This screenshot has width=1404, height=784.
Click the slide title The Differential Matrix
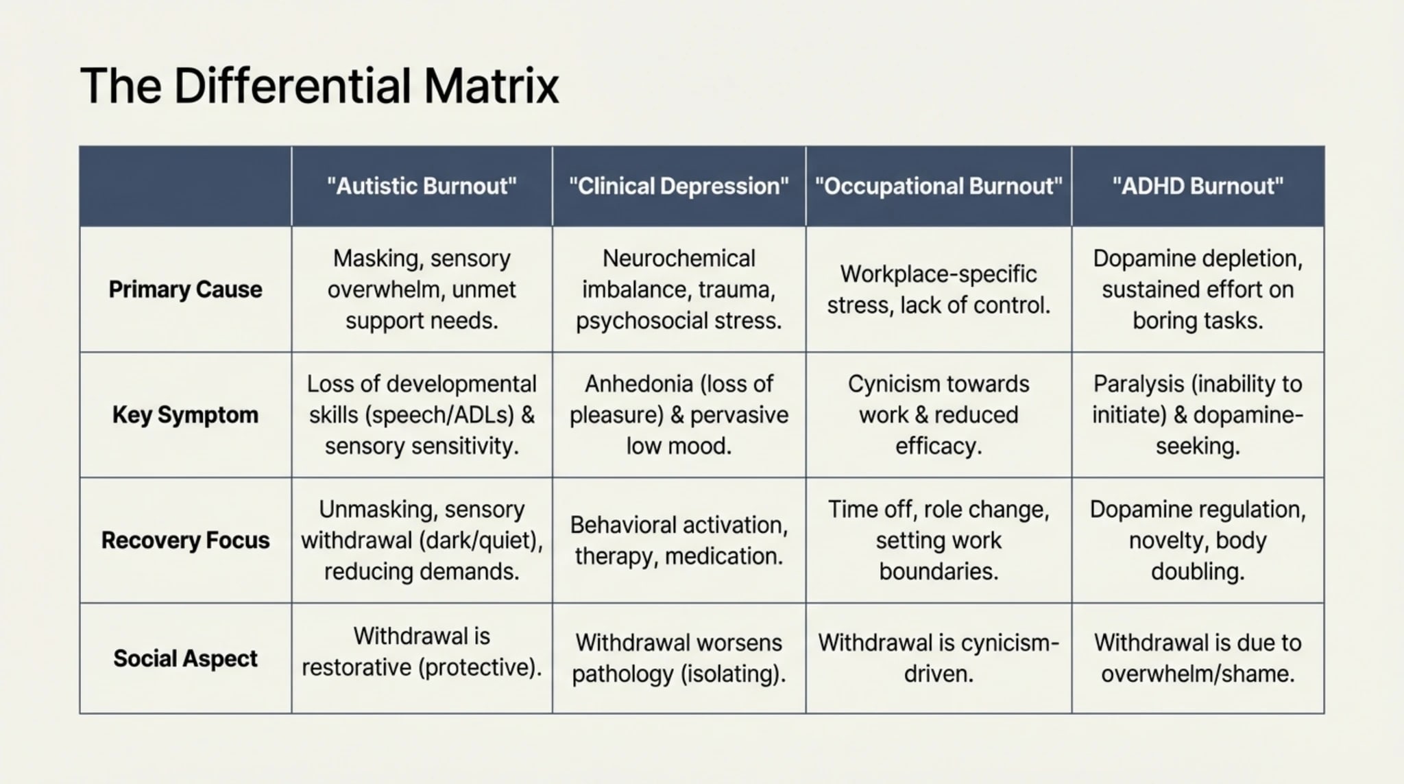click(x=319, y=86)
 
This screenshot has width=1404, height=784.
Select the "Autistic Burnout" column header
click(x=422, y=186)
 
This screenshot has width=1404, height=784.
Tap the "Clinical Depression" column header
click(x=679, y=186)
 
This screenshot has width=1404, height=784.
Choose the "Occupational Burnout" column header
click(x=939, y=186)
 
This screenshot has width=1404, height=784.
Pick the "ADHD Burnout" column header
click(x=1198, y=186)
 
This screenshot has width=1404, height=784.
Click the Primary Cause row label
click(x=185, y=289)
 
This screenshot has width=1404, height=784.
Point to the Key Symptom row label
click(x=185, y=415)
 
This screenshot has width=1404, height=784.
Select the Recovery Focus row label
click(x=185, y=541)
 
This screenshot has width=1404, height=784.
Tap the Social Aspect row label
click(x=185, y=658)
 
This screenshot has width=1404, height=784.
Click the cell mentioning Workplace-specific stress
click(x=939, y=289)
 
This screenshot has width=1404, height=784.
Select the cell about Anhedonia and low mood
click(x=679, y=415)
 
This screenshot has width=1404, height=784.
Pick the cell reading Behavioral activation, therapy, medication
click(x=679, y=541)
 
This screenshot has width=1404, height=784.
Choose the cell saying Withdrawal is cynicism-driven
click(x=939, y=658)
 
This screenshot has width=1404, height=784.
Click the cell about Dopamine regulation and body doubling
click(x=1198, y=541)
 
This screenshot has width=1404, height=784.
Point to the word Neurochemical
click(x=679, y=259)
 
